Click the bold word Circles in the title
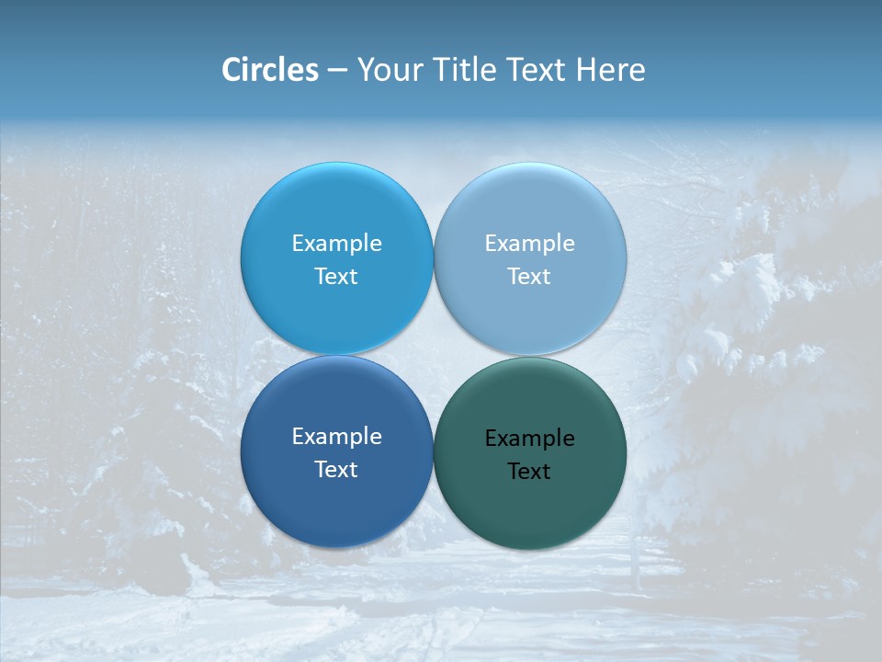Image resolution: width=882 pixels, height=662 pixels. [270, 70]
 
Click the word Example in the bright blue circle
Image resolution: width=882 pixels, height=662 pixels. [336, 243]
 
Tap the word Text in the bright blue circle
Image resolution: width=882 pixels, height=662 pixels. [336, 276]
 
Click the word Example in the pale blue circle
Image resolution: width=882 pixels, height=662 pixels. [529, 243]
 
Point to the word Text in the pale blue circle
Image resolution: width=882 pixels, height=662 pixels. [529, 276]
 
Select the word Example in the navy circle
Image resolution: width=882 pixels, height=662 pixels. [336, 436]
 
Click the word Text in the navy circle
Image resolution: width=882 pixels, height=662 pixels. [336, 469]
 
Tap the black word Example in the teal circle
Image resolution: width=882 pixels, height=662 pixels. [529, 438]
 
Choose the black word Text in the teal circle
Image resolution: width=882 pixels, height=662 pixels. [529, 471]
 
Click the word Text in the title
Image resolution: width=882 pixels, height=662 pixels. [536, 70]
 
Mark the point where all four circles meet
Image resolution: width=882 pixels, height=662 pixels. [434, 356]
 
